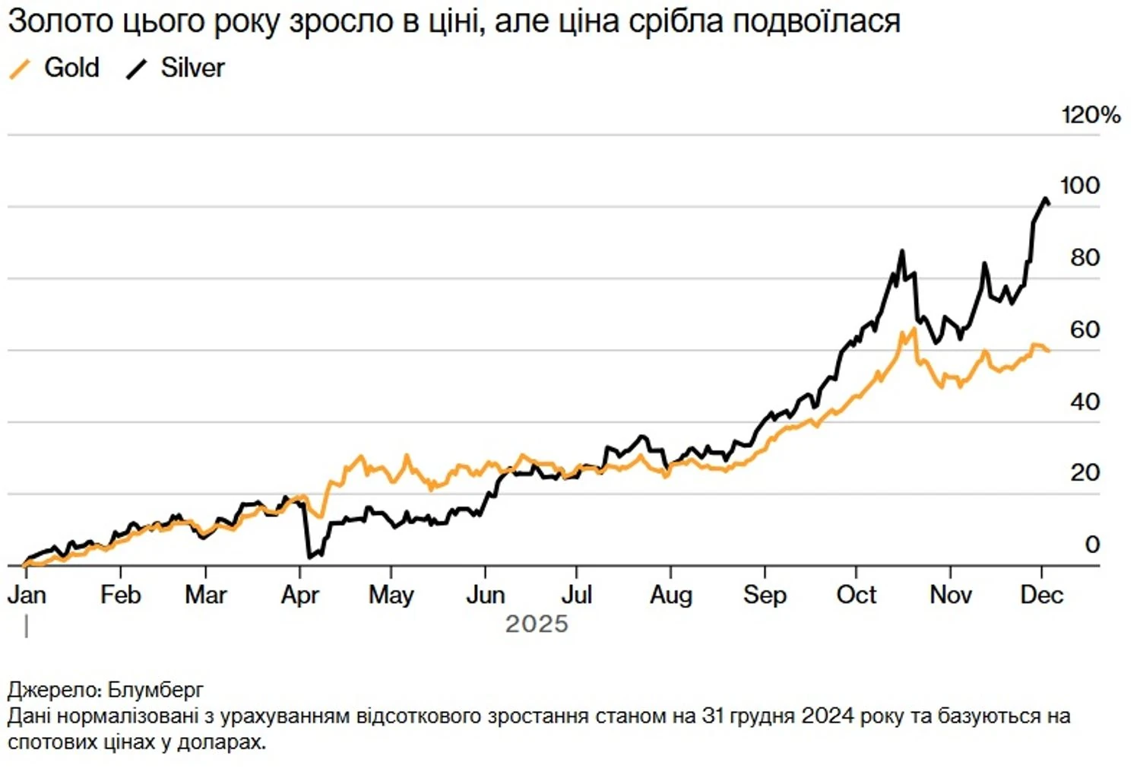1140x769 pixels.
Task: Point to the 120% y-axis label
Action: click(1091, 115)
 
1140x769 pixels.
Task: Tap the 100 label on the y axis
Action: click(1079, 186)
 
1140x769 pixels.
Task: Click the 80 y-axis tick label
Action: click(1085, 258)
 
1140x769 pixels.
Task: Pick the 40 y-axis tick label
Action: click(1085, 402)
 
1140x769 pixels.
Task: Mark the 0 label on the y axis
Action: click(1092, 545)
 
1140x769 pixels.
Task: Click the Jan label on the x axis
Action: click(27, 595)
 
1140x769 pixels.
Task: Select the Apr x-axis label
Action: click(299, 595)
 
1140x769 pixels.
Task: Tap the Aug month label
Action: click(670, 595)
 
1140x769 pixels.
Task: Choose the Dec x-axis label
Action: click(1040, 595)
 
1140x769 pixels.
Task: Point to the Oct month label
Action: click(856, 595)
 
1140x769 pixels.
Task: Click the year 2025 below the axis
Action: click(537, 624)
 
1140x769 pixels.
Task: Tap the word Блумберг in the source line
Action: click(156, 690)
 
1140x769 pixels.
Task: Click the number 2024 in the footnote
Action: click(828, 716)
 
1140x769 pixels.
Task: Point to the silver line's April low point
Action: click(309, 557)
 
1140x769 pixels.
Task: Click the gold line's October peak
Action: click(913, 329)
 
